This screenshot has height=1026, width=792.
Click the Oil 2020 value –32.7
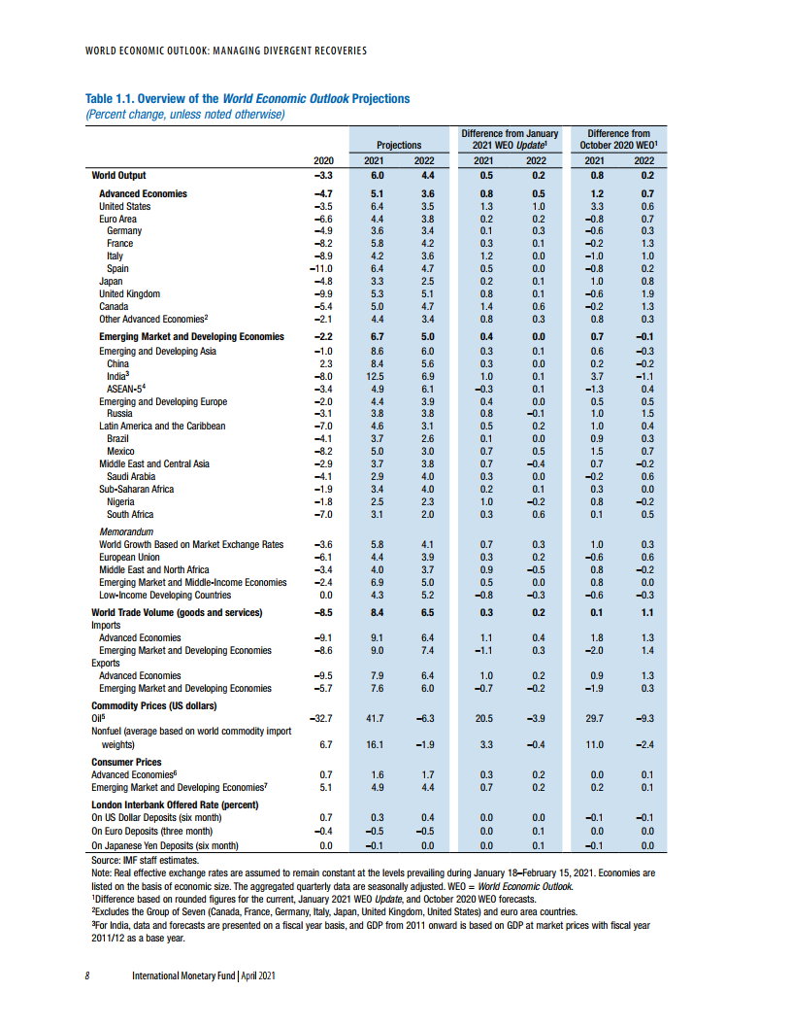(x=320, y=717)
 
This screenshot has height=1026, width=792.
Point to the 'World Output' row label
(x=118, y=176)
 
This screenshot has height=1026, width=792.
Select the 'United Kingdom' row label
(x=129, y=293)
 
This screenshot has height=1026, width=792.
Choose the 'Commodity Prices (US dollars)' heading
(x=153, y=705)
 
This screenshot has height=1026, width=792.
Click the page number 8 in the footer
(x=87, y=975)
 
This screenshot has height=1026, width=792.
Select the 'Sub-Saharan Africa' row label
(x=136, y=489)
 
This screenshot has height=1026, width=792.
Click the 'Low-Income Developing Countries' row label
(x=165, y=595)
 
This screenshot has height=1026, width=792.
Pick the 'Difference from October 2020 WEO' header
(x=618, y=139)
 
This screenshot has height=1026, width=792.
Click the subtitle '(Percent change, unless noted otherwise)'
(x=184, y=114)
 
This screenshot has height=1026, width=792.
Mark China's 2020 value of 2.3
(x=325, y=363)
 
